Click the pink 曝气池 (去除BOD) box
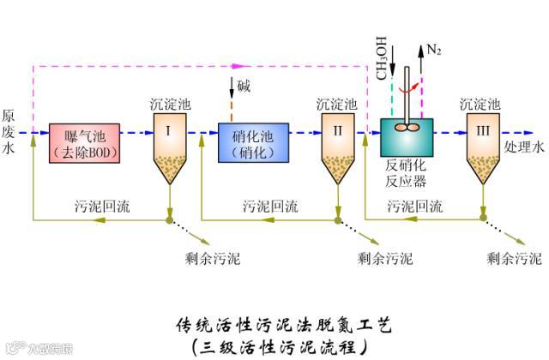tap(84, 142)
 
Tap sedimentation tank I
tap(169, 146)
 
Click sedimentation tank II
tap(336, 146)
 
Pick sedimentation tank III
tap(481, 146)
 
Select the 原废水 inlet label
tap(9, 131)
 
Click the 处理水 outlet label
tap(523, 147)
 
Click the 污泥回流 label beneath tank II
tap(271, 207)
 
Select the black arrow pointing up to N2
tap(420, 69)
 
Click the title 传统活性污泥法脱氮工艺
tap(282, 324)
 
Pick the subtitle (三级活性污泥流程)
tap(282, 346)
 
